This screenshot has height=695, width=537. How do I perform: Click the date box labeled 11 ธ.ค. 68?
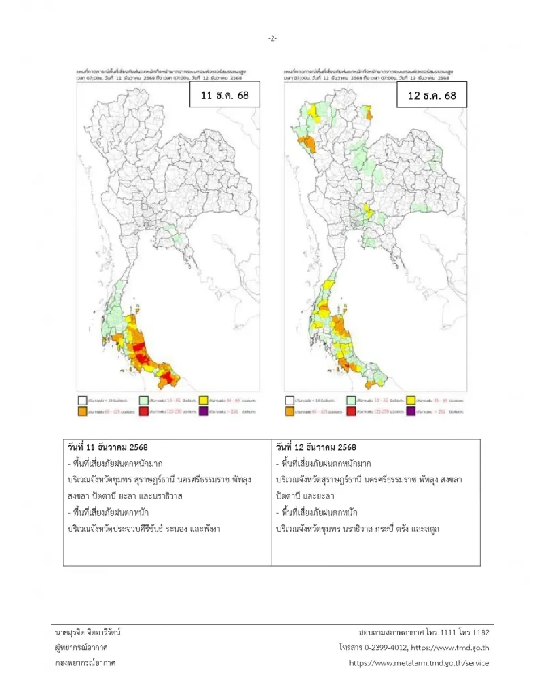tap(225, 95)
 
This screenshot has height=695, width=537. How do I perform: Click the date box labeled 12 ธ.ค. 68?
tap(431, 95)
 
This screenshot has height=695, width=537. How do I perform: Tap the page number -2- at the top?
tap(273, 39)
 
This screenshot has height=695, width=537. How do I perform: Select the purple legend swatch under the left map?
tap(204, 411)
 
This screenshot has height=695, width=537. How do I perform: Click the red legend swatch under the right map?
tap(351, 411)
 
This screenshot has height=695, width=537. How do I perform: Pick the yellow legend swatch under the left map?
tap(204, 400)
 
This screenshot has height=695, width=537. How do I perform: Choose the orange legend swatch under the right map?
tap(290, 411)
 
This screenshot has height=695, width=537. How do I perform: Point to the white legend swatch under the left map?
tap(82, 400)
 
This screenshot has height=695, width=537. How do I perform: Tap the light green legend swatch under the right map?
tap(351, 400)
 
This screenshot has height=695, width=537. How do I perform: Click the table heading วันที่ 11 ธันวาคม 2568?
tap(108, 447)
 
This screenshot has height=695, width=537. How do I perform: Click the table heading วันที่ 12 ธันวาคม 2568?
tap(316, 447)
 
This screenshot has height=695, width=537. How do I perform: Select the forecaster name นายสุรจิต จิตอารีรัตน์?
tap(88, 632)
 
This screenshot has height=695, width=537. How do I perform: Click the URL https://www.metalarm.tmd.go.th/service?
tap(419, 663)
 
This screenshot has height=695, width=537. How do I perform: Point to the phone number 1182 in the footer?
tap(481, 632)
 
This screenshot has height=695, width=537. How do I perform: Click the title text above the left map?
tap(161, 74)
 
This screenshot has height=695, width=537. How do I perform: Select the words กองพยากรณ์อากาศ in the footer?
tap(85, 663)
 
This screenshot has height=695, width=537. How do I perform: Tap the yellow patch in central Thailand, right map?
tap(368, 210)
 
